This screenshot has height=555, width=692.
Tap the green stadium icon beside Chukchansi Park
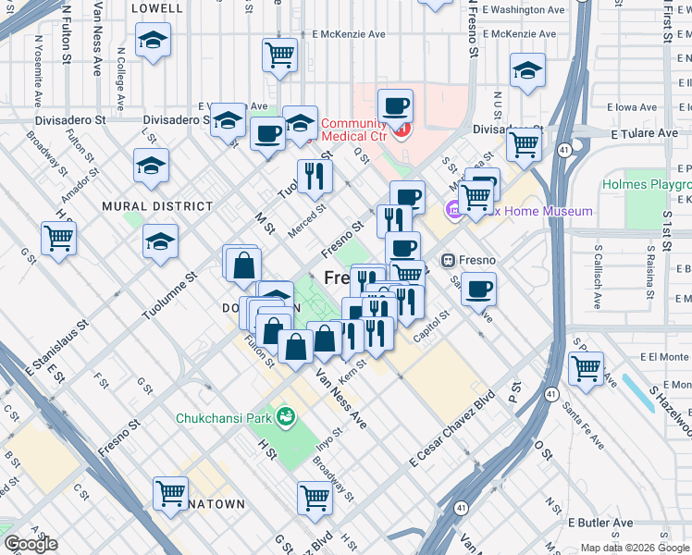[x=286, y=418]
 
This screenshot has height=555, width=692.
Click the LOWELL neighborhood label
[x=157, y=7]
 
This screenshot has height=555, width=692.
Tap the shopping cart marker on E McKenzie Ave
[x=279, y=55]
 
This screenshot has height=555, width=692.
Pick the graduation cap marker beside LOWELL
[x=153, y=40]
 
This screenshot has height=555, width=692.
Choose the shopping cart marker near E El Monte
[x=587, y=369]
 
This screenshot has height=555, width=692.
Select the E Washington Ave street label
[x=523, y=10]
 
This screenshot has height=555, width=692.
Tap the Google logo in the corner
[x=30, y=544]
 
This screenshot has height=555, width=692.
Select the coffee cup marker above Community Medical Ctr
[x=396, y=105]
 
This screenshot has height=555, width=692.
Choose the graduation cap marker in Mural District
[x=161, y=242]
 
